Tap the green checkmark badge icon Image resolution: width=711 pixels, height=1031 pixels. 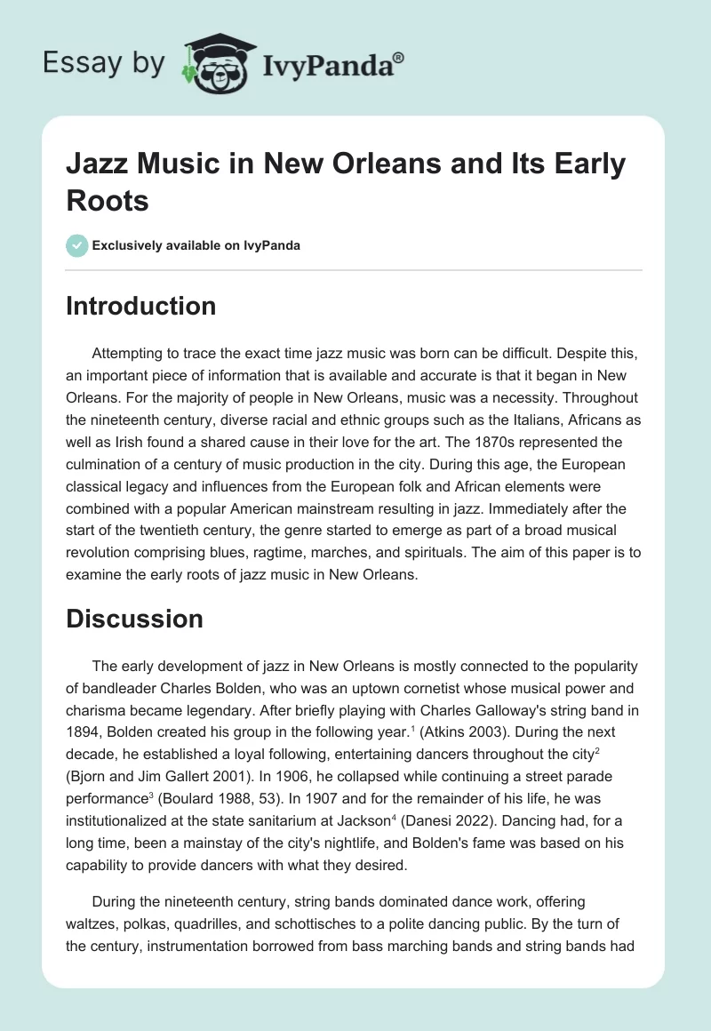coord(77,245)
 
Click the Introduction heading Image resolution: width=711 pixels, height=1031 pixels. coord(141,307)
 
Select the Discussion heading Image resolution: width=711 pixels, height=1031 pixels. coord(134,619)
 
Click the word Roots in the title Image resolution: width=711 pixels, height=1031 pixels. coord(108,200)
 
